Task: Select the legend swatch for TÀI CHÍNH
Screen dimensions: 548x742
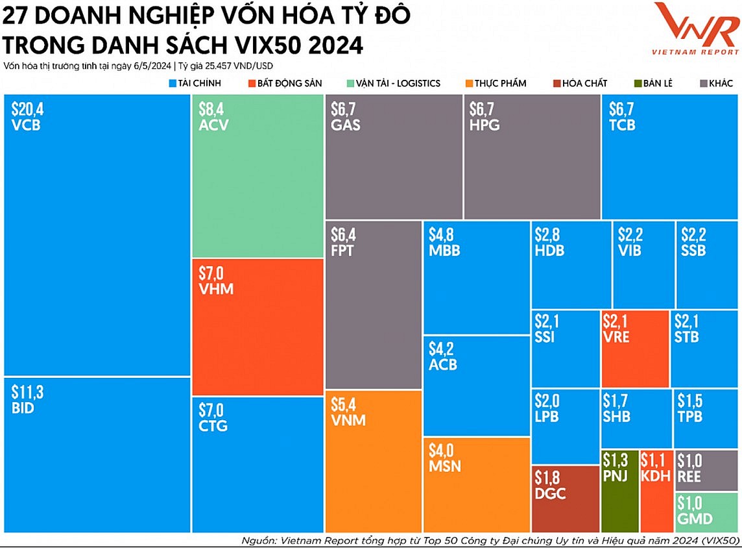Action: [173, 83]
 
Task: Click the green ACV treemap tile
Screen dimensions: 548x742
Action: [258, 175]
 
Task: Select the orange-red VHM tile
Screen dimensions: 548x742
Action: [258, 327]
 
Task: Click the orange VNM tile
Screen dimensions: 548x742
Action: [373, 461]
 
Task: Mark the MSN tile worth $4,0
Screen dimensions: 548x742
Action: [477, 484]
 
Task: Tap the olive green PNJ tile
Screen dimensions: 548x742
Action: [619, 491]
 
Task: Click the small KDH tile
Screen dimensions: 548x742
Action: [655, 491]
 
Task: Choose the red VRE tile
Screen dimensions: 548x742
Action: [635, 349]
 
